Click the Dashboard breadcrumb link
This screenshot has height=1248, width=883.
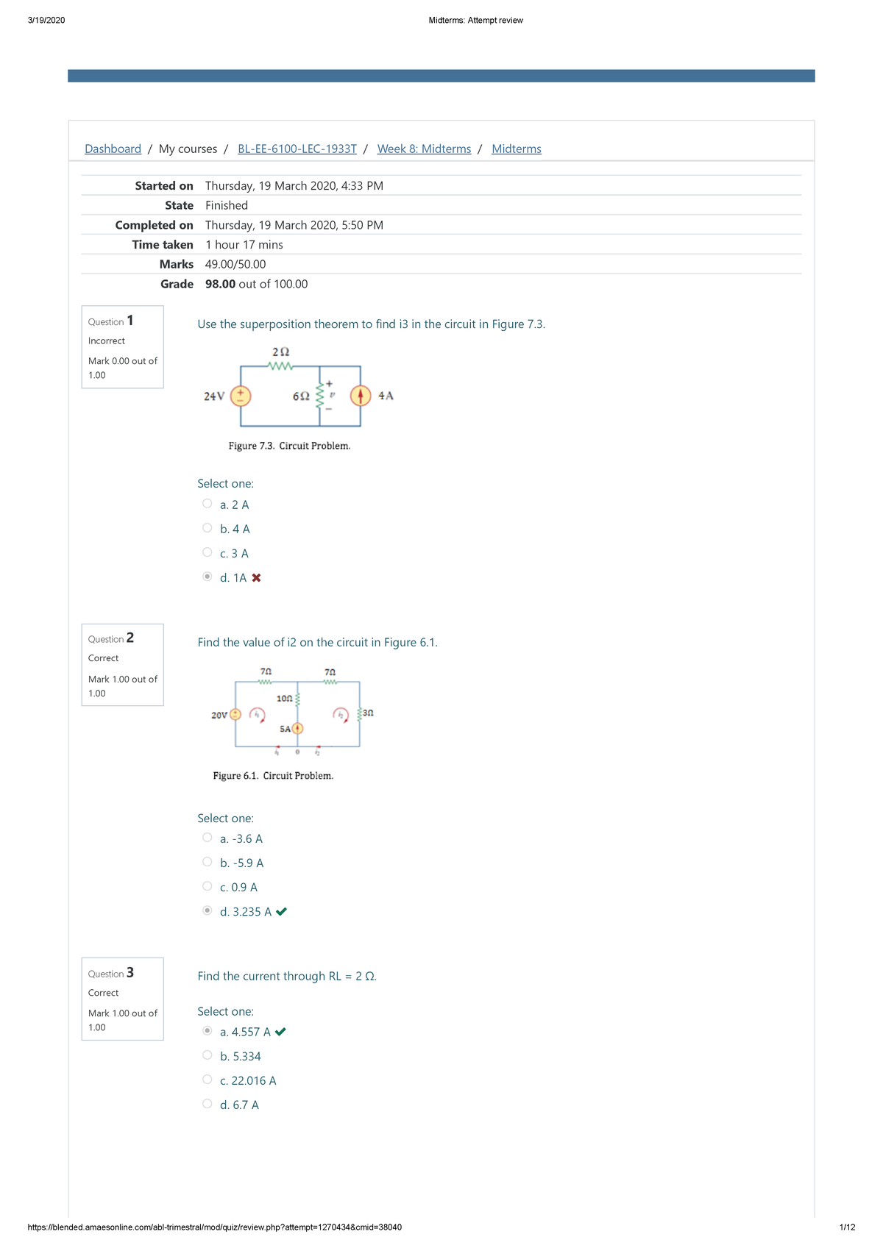pyautogui.click(x=113, y=149)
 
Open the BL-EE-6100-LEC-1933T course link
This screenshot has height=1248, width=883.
pyautogui.click(x=297, y=149)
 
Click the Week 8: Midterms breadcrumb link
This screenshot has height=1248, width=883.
pyautogui.click(x=424, y=149)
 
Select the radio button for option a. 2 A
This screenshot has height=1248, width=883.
pyautogui.click(x=208, y=504)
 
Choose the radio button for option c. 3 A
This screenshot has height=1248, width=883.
pyautogui.click(x=208, y=552)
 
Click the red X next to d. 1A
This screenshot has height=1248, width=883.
pyautogui.click(x=256, y=578)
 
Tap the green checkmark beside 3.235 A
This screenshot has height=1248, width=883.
pyautogui.click(x=281, y=912)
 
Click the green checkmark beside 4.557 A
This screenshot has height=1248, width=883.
pyautogui.click(x=280, y=1032)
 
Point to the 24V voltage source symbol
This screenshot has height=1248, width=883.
pyautogui.click(x=241, y=396)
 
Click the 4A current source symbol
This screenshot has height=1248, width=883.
pyautogui.click(x=361, y=396)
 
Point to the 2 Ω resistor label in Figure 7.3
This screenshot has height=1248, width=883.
pyautogui.click(x=280, y=352)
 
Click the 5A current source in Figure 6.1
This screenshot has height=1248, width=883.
pyautogui.click(x=297, y=729)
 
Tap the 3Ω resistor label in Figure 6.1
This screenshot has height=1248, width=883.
pyautogui.click(x=368, y=713)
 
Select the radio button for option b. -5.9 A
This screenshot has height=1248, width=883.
pyautogui.click(x=208, y=862)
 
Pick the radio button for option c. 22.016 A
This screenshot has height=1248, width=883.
pyautogui.click(x=208, y=1080)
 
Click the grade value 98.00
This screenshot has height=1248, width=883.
pyautogui.click(x=220, y=284)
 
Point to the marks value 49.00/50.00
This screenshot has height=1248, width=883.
pyautogui.click(x=235, y=264)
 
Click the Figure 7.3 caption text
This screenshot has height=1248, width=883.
pyautogui.click(x=289, y=446)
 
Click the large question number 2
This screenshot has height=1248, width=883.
pyautogui.click(x=130, y=638)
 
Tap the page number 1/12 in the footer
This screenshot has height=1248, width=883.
pyautogui.click(x=847, y=1227)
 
